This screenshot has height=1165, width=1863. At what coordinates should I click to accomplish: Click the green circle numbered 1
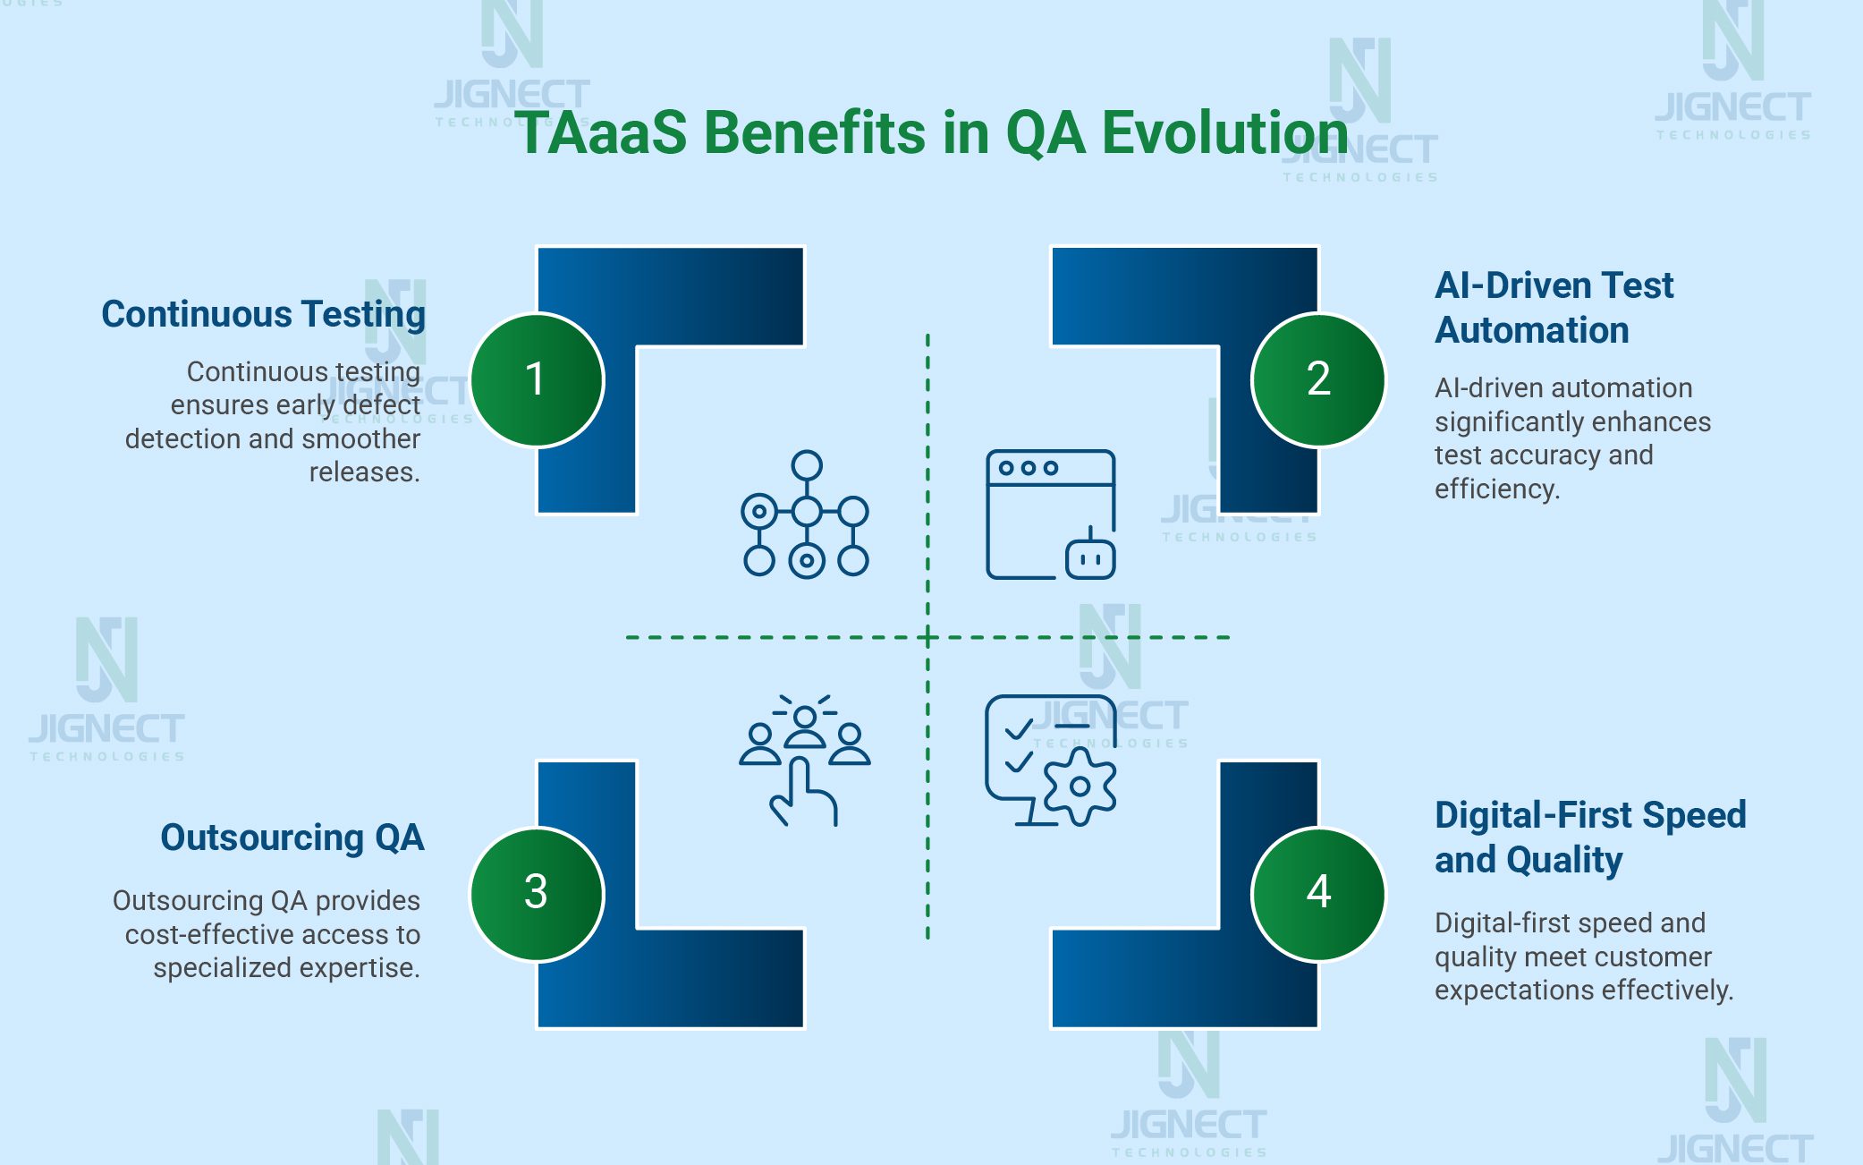(x=537, y=379)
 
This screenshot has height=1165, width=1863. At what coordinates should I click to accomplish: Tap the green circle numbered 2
(x=1318, y=379)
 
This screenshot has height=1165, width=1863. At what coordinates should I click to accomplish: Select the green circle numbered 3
(x=537, y=894)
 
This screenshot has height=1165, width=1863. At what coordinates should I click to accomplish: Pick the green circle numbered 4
(x=1318, y=894)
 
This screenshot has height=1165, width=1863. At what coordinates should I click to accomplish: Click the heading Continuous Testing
(x=263, y=314)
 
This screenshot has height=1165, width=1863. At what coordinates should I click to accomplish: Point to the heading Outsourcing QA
(x=292, y=838)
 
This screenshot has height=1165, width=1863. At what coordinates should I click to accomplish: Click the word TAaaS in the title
(x=601, y=133)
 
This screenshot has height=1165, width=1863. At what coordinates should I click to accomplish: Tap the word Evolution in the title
(x=1224, y=133)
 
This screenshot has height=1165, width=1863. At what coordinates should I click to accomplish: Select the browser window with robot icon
(x=1050, y=514)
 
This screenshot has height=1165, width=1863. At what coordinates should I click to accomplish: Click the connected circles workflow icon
(x=805, y=514)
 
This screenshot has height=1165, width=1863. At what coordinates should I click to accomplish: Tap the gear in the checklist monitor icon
(x=1080, y=787)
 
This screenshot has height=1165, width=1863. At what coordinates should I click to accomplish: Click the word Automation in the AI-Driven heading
(x=1532, y=330)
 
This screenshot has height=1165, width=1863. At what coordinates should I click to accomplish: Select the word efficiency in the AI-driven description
(x=1496, y=489)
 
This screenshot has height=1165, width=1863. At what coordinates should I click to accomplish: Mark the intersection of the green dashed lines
(x=927, y=637)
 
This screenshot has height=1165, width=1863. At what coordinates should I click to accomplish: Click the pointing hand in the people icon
(x=802, y=792)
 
